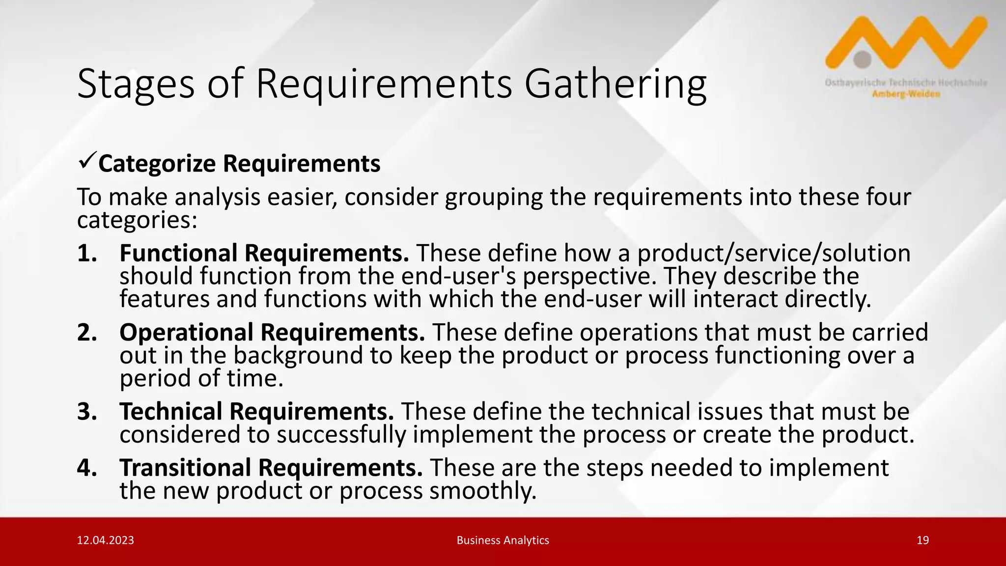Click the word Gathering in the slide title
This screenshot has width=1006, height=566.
coord(615,85)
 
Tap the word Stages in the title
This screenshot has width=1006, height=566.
coord(136,85)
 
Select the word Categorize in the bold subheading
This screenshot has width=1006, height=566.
coord(157,164)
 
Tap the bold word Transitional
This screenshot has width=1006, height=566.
coord(185,468)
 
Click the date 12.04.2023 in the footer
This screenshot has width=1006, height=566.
coord(106,540)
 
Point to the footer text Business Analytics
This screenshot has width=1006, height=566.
coord(503,540)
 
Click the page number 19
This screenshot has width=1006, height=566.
coord(922,540)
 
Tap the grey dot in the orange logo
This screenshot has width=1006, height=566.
coord(863,59)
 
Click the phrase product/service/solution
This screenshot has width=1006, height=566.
coord(774,254)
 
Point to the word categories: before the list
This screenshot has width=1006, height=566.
coord(137,221)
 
